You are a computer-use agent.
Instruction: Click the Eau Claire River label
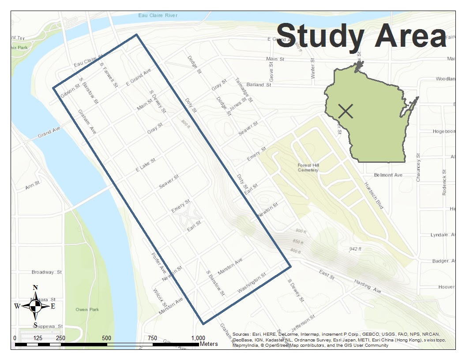tap(158, 15)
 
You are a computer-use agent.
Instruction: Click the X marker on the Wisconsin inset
tap(346, 111)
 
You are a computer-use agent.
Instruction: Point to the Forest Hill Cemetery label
tap(308, 168)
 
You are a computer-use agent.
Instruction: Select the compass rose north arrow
tap(36, 305)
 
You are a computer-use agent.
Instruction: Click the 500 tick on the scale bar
tap(106, 338)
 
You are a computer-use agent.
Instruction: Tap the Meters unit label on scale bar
tap(209, 344)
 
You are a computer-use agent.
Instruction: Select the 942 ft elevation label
tap(355, 249)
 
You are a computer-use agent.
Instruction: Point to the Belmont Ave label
tap(388, 175)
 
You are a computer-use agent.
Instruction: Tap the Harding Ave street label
tap(366, 287)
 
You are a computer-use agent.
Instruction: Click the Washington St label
tap(252, 283)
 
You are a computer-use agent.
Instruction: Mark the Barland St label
tap(258, 85)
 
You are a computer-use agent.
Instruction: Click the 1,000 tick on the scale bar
tap(198, 338)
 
